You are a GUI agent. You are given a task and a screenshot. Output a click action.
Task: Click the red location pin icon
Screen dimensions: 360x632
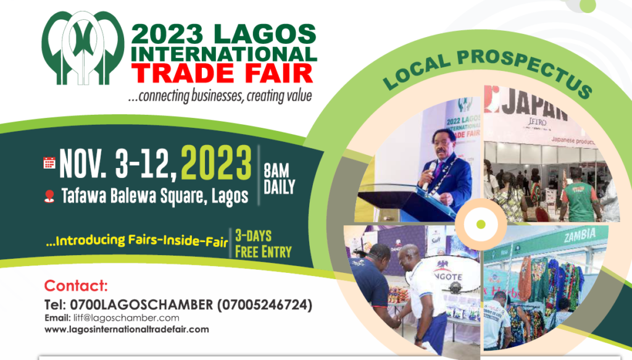50,196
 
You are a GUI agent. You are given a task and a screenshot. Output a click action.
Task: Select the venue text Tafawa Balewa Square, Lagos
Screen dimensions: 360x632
155,196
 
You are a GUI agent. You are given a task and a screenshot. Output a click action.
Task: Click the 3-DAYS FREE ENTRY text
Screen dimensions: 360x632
263,244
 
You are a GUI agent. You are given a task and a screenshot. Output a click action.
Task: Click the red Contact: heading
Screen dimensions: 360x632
76,286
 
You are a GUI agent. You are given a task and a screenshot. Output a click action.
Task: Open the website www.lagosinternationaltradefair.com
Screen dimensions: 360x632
127,329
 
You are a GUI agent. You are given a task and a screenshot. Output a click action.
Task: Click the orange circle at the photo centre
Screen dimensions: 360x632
480,224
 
